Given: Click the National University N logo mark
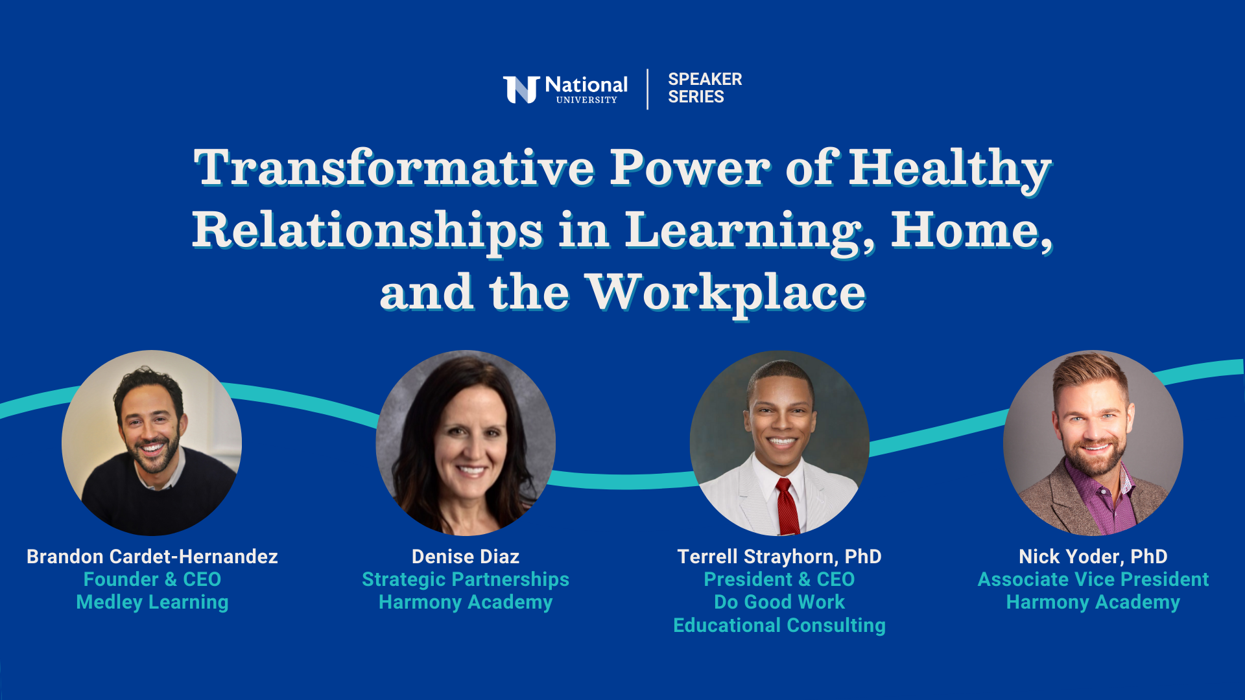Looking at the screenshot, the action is pos(521,89).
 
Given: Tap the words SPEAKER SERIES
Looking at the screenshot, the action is pos(705,88).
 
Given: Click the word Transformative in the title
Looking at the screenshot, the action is pos(394,168).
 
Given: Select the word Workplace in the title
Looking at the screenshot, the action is pos(726,293).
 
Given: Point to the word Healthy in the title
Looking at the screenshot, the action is pos(950,169).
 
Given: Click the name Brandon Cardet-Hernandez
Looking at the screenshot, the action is pos(152,557).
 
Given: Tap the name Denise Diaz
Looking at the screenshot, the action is pos(466,557).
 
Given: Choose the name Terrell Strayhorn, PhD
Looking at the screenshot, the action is pos(779,557).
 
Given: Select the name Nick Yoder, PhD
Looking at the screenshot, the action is pos(1093,557).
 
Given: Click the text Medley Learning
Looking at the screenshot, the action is pos(152,602).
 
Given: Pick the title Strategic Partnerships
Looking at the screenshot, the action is pos(466,579).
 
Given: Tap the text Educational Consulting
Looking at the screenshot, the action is pos(779,625).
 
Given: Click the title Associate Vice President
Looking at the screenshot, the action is pos(1093,579).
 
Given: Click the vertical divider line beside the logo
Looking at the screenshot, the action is pos(647,89).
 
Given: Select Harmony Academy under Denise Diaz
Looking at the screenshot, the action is pos(466,602).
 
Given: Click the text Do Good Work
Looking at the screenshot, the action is pos(779,602).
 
